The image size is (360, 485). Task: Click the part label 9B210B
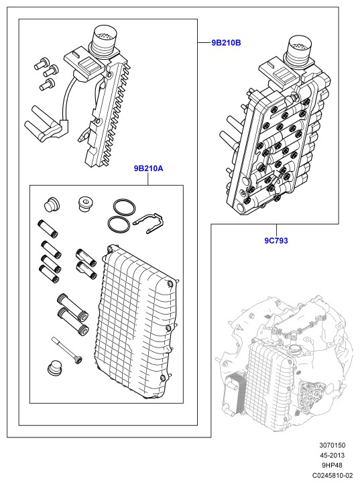click(x=226, y=43)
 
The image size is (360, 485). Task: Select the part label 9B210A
click(x=148, y=168)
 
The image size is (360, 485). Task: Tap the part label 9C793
click(x=276, y=240)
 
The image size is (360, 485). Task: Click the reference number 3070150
click(x=333, y=445)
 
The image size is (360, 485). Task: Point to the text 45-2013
click(x=333, y=455)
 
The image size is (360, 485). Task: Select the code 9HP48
click(x=333, y=465)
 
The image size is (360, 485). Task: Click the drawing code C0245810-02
click(x=333, y=476)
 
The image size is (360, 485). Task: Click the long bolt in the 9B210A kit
click(x=67, y=350)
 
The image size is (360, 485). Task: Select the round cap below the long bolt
click(x=55, y=368)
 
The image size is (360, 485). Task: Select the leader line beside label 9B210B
click(x=204, y=43)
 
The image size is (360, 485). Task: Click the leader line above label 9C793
click(x=276, y=229)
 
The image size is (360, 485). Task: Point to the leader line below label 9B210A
click(x=148, y=179)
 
